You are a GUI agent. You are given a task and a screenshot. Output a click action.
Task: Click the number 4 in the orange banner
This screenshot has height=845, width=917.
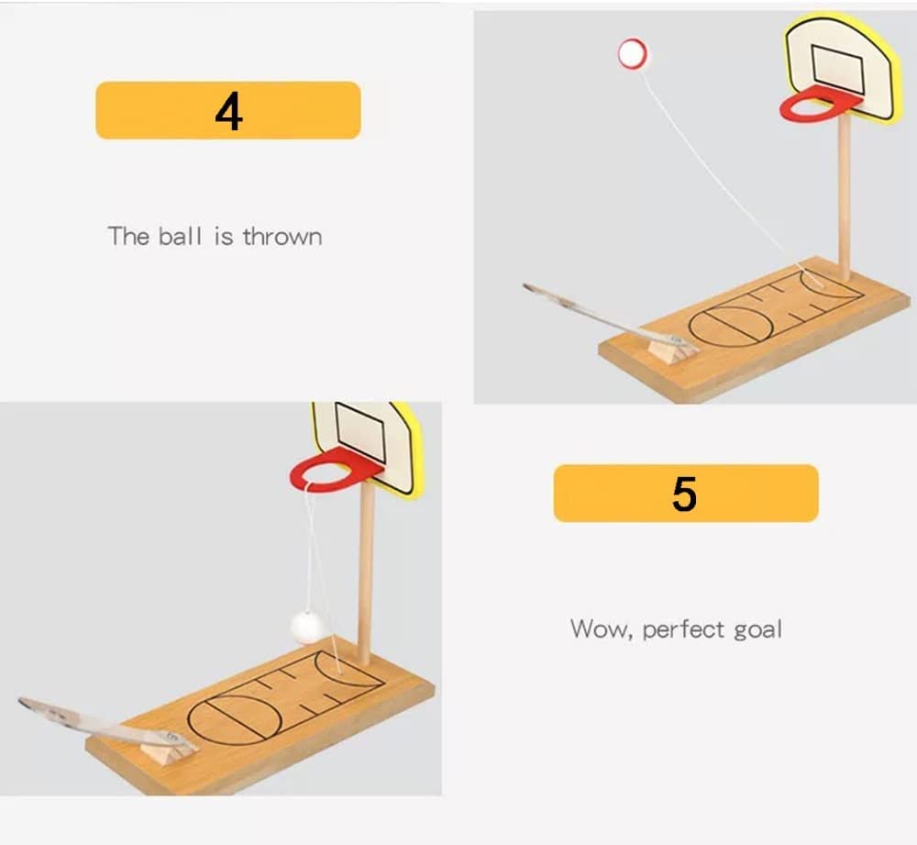coord(228,111)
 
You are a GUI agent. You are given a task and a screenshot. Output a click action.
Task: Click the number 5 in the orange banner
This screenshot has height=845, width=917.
coord(684,495)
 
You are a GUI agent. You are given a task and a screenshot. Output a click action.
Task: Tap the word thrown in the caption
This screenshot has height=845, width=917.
coord(282,237)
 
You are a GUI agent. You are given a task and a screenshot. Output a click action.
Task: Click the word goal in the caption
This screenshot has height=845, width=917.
coord(757,630)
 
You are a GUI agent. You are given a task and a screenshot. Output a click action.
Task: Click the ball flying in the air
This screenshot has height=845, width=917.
coord(632,53)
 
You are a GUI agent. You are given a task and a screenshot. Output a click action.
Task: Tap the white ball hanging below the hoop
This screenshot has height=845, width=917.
coord(308,625)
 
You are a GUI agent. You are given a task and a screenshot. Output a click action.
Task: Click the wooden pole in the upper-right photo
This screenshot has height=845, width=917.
coord(845,193)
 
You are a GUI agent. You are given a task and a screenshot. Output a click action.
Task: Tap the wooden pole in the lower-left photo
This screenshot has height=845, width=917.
coord(366,569)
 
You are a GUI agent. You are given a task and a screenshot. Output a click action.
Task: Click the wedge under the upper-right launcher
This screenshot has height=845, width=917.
coord(668,348)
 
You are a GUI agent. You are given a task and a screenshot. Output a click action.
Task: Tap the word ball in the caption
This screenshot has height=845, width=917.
coord(180,237)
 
